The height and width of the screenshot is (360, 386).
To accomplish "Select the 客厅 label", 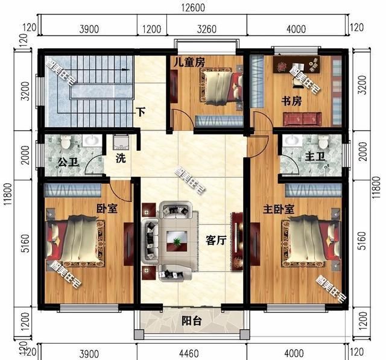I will [x=215, y=240].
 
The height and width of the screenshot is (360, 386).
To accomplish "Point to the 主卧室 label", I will [x=279, y=209].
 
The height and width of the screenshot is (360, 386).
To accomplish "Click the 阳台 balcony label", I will [x=191, y=321].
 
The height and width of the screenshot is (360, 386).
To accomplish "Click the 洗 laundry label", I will [x=120, y=161].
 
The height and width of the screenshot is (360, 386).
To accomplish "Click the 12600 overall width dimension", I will [x=194, y=8].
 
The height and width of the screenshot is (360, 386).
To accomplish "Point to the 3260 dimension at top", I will [x=206, y=29].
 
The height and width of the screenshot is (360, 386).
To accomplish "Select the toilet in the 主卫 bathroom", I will [x=323, y=142].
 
